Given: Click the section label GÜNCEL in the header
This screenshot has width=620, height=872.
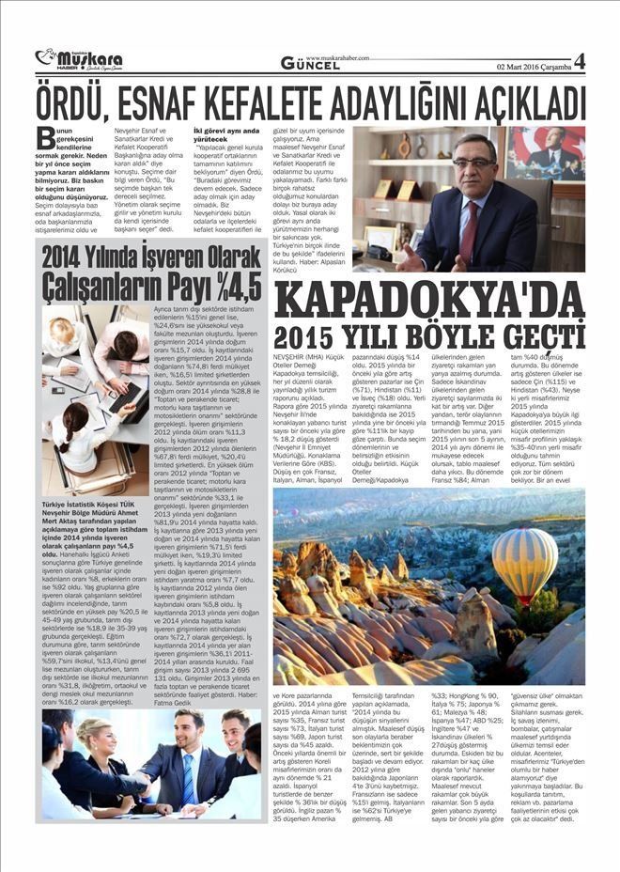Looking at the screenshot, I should [310, 64].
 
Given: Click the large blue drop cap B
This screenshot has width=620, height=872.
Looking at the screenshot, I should [44, 138].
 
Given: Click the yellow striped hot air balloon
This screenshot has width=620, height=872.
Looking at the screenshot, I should [523, 562].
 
